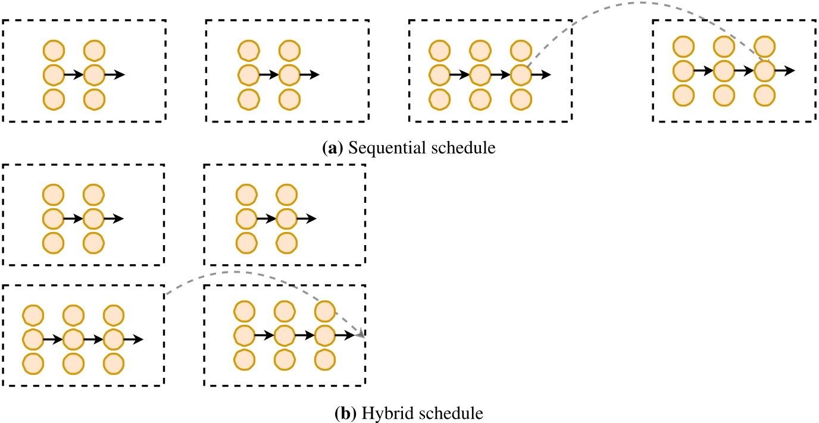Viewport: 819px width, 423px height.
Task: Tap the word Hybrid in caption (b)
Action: [387, 413]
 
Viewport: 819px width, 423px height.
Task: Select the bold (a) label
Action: [333, 148]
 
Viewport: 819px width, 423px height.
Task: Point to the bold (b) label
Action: [345, 413]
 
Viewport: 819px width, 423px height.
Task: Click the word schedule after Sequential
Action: [463, 148]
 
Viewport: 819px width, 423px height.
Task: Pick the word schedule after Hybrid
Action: [451, 413]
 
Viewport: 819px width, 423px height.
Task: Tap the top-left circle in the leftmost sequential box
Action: [54, 51]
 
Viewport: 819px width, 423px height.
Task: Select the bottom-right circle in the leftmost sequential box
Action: [94, 99]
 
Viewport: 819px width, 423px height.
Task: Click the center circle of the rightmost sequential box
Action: [724, 71]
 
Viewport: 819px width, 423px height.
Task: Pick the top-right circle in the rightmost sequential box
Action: [764, 47]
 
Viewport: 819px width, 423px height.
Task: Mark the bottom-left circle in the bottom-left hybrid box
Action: [33, 364]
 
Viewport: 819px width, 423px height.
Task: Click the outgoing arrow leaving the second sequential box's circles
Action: [310, 75]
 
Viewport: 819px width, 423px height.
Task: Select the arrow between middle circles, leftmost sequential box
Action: [74, 75]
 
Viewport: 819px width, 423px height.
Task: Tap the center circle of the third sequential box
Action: [480, 75]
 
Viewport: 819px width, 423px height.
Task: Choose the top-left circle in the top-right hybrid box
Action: [246, 195]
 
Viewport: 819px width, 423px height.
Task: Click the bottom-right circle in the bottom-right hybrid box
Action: [324, 360]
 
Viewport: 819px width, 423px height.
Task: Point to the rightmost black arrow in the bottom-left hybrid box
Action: [133, 340]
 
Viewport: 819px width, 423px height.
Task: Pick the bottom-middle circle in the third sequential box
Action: [480, 99]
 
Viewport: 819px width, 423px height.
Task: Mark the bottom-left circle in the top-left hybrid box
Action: [54, 243]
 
